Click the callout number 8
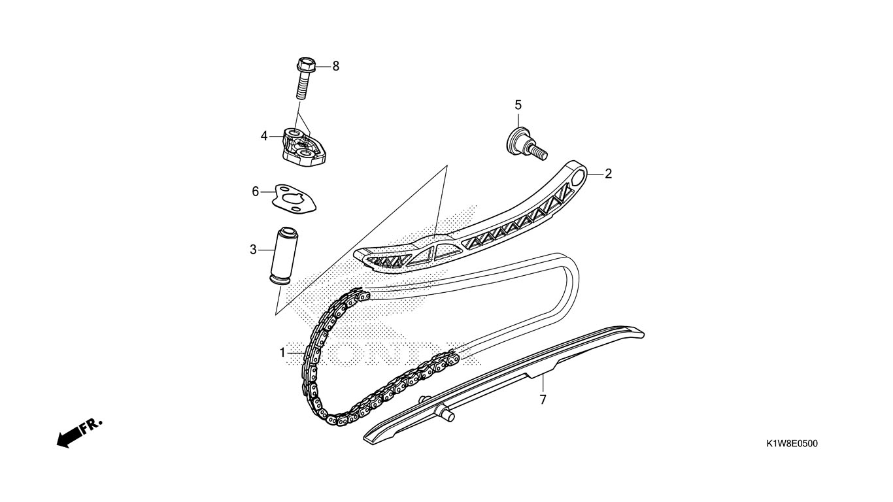pyautogui.click(x=335, y=66)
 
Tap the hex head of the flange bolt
pyautogui.click(x=306, y=64)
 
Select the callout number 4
pyautogui.click(x=264, y=137)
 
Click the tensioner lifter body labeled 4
pyautogui.click(x=305, y=148)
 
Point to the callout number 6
pyautogui.click(x=256, y=192)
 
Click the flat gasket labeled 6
pyautogui.click(x=294, y=199)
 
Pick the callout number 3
pyautogui.click(x=253, y=250)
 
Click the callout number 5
pyautogui.click(x=518, y=105)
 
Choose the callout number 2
pyautogui.click(x=608, y=173)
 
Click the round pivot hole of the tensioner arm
pyautogui.click(x=578, y=176)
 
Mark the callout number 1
pyautogui.click(x=282, y=353)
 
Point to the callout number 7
pyautogui.click(x=543, y=399)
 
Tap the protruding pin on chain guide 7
pyautogui.click(x=448, y=413)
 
